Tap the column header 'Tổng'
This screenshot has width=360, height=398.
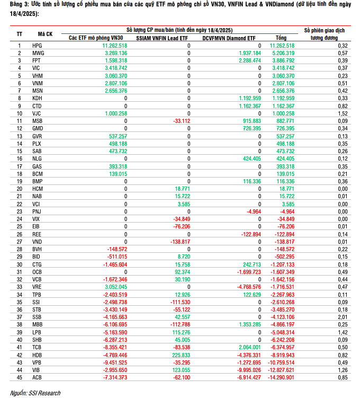point(281,38)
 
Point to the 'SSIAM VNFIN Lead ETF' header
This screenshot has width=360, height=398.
point(161,38)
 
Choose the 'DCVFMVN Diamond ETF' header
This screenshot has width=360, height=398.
point(231,38)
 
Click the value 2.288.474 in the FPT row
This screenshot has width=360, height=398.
point(247,61)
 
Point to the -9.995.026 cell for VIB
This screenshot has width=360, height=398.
point(246,369)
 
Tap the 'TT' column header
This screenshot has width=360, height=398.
point(19,34)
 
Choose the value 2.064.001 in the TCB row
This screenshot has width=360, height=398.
point(247,347)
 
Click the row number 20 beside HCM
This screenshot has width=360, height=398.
point(19,189)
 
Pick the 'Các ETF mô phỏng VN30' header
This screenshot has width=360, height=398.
point(96,38)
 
